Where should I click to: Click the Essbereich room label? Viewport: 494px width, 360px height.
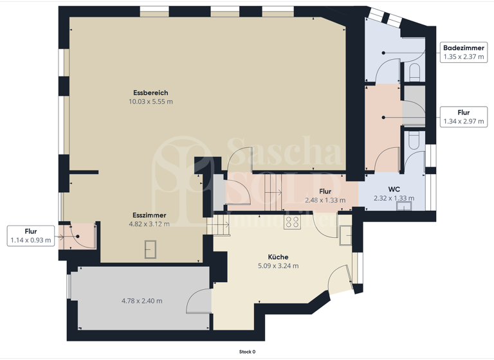[151, 93]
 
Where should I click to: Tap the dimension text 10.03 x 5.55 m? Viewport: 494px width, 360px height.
[151, 102]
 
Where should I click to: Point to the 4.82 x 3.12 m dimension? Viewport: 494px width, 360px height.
[149, 224]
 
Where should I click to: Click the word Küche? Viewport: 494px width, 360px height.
[278, 257]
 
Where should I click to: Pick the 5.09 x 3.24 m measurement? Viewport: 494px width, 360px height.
[278, 265]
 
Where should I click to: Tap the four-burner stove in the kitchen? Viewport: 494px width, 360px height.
[292, 222]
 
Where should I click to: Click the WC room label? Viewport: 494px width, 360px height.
[394, 190]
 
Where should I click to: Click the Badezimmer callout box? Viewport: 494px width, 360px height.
[464, 52]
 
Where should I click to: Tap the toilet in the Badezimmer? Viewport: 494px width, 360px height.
[415, 71]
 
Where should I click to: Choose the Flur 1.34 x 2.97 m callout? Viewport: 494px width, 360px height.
[463, 116]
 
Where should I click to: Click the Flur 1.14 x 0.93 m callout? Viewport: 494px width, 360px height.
[30, 236]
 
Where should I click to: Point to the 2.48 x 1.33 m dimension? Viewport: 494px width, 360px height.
[325, 200]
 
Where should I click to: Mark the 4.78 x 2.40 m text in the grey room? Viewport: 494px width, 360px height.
[142, 301]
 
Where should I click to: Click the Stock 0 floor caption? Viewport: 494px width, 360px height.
[247, 352]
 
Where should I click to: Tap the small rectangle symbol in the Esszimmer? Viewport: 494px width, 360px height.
[151, 248]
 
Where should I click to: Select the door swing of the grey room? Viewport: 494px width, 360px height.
[199, 301]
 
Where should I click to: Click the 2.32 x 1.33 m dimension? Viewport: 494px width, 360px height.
[394, 199]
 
